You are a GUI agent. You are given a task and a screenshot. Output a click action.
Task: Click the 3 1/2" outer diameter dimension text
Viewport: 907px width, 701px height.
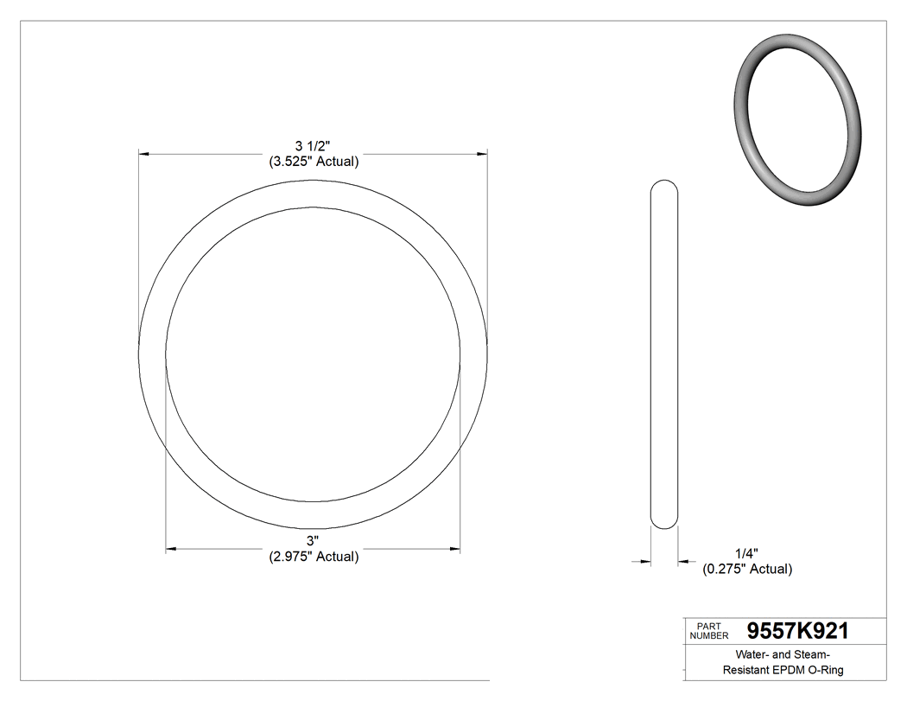click(313, 145)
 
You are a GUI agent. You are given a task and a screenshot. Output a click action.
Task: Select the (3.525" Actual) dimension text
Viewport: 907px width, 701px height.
click(313, 161)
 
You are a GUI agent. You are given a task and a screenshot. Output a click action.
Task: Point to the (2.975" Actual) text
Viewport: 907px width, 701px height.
click(313, 557)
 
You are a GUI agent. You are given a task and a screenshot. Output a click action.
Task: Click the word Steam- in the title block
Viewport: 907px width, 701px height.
click(810, 654)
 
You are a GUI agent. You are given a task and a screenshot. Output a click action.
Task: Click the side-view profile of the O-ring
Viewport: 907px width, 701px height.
click(663, 354)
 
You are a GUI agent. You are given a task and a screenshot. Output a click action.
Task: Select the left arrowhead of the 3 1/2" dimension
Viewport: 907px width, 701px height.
click(144, 154)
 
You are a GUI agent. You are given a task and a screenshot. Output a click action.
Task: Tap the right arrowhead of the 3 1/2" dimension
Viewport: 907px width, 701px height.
click(482, 154)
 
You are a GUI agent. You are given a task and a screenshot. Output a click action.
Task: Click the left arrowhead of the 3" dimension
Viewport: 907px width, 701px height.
click(171, 549)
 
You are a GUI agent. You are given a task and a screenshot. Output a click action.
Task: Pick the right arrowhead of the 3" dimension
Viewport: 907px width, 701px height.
click(455, 549)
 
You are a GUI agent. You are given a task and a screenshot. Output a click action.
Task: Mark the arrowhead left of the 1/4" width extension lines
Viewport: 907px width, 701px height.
click(644, 562)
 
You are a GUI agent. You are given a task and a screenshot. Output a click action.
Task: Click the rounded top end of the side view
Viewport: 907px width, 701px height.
click(663, 184)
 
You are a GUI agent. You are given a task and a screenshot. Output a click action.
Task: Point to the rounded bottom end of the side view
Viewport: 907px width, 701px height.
click(663, 523)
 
